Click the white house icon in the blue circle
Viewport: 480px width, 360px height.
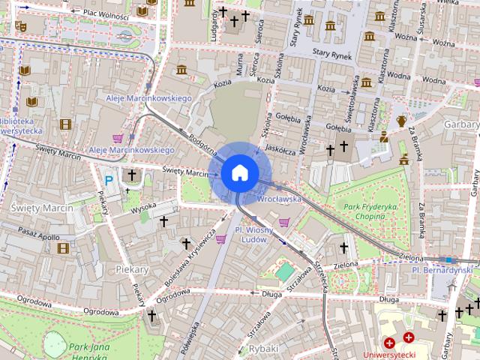tap(239, 173)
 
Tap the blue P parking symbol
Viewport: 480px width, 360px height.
tap(109, 180)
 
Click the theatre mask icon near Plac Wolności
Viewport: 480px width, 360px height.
tap(20, 25)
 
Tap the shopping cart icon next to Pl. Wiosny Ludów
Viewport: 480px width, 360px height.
tap(221, 239)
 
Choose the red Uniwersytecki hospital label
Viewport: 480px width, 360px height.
tap(388, 353)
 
